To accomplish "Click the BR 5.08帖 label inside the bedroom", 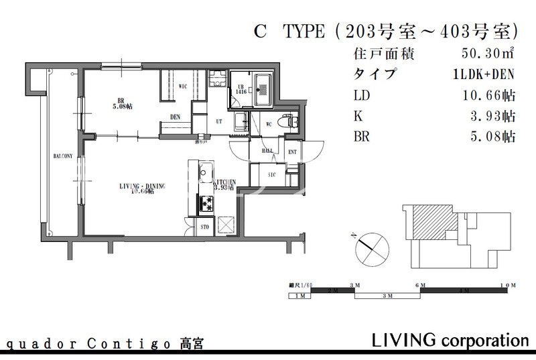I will (x=121, y=104).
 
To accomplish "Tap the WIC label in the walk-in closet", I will (x=182, y=86).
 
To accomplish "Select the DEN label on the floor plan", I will (x=175, y=116).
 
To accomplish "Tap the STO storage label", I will (x=205, y=228).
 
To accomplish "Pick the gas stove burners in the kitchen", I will (x=203, y=203).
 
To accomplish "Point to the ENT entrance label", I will (x=292, y=153).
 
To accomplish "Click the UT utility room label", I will (x=218, y=121).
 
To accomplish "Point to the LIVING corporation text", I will (x=450, y=340).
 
